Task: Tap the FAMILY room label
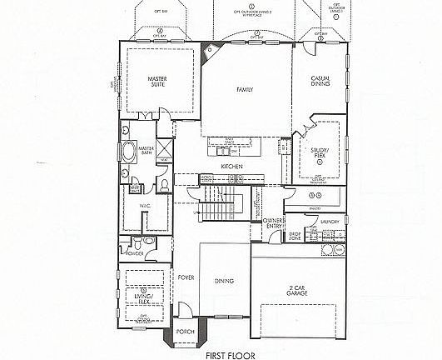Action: [x=244, y=88]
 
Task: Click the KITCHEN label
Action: [x=231, y=167]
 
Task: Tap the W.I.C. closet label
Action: [x=144, y=206]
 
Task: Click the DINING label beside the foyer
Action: [x=224, y=281]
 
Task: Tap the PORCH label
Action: [x=186, y=332]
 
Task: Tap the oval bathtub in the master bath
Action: [x=129, y=153]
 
